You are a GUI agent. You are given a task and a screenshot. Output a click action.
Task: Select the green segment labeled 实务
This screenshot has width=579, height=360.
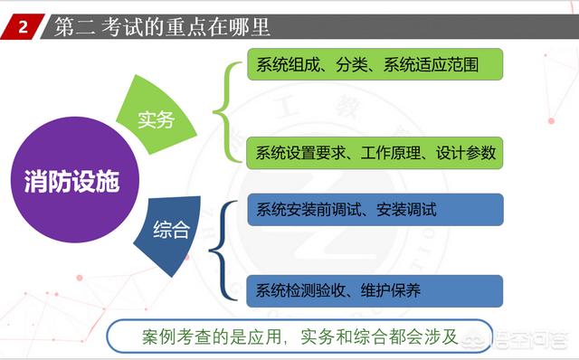click(157, 118)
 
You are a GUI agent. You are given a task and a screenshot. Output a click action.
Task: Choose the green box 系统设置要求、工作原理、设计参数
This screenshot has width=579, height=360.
click(374, 152)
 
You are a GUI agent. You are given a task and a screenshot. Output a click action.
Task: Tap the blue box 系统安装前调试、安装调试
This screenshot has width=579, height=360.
click(374, 210)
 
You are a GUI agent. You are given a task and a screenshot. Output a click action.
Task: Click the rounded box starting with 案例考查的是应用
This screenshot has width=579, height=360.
click(299, 336)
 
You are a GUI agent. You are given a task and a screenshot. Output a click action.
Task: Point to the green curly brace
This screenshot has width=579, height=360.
click(226, 110)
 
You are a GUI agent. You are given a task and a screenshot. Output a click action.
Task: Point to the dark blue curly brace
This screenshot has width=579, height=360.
click(227, 251)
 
